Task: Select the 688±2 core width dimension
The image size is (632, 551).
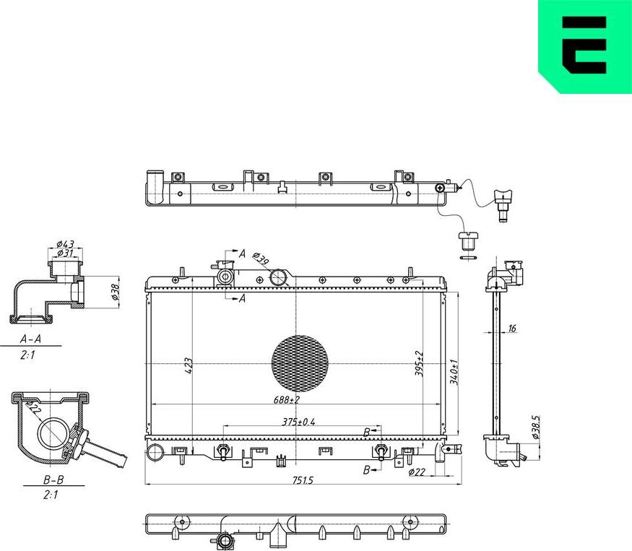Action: point(287,399)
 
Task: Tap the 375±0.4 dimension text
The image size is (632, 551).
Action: point(298,422)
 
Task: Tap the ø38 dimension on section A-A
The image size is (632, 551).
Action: point(115,292)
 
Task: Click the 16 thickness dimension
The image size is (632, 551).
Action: point(512,329)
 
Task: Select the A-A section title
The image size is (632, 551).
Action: point(30,339)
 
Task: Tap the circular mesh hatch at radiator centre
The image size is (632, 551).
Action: point(299,362)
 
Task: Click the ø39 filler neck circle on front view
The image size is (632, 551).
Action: point(279,277)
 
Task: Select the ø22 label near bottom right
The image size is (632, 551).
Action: point(416,472)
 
